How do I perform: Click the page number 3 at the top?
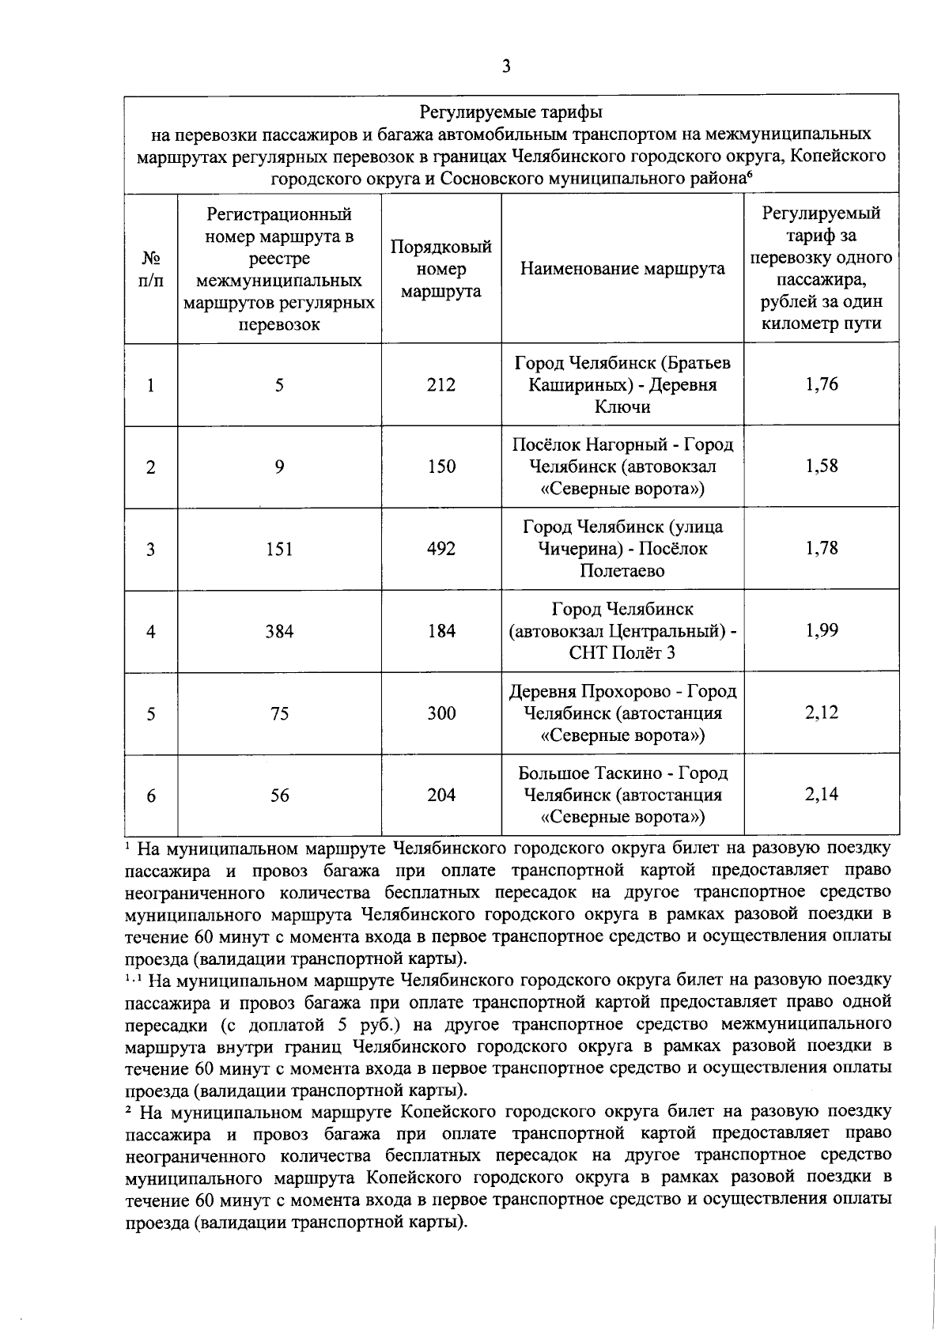(x=506, y=66)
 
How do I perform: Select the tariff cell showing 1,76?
(x=821, y=384)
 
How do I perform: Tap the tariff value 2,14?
(x=821, y=794)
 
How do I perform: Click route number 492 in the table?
(x=441, y=549)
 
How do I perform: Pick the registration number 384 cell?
(x=279, y=631)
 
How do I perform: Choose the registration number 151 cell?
(x=279, y=549)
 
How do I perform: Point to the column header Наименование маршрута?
(x=622, y=269)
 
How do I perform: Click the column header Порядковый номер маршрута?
(x=441, y=269)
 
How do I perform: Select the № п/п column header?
(x=150, y=269)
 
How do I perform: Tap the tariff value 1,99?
(x=821, y=630)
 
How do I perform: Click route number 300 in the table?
(x=441, y=713)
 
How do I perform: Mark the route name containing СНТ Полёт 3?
(x=622, y=631)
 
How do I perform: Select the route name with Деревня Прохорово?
(x=622, y=713)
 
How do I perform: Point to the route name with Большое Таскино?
(x=622, y=795)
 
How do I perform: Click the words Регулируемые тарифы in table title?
(x=510, y=112)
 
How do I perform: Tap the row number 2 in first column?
(x=150, y=467)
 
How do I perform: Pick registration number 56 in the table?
(x=279, y=796)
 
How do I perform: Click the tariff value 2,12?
(x=821, y=713)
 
